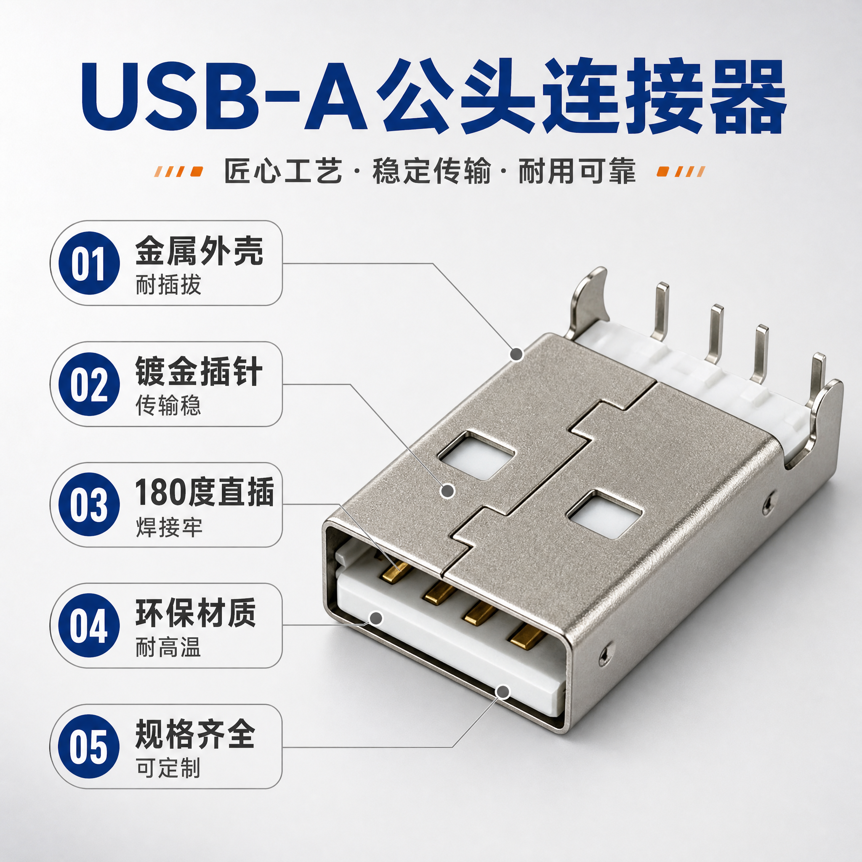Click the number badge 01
[89, 263]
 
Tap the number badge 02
[89, 384]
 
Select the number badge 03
[89, 505]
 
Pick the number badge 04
[89, 625]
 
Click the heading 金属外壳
[200, 251]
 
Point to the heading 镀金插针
[199, 371]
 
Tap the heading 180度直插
[204, 492]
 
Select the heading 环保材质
[196, 613]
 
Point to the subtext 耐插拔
[169, 285]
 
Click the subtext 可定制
[169, 768]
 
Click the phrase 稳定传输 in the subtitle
[431, 171]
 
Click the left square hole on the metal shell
[476, 455]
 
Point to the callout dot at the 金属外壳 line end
[517, 354]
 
